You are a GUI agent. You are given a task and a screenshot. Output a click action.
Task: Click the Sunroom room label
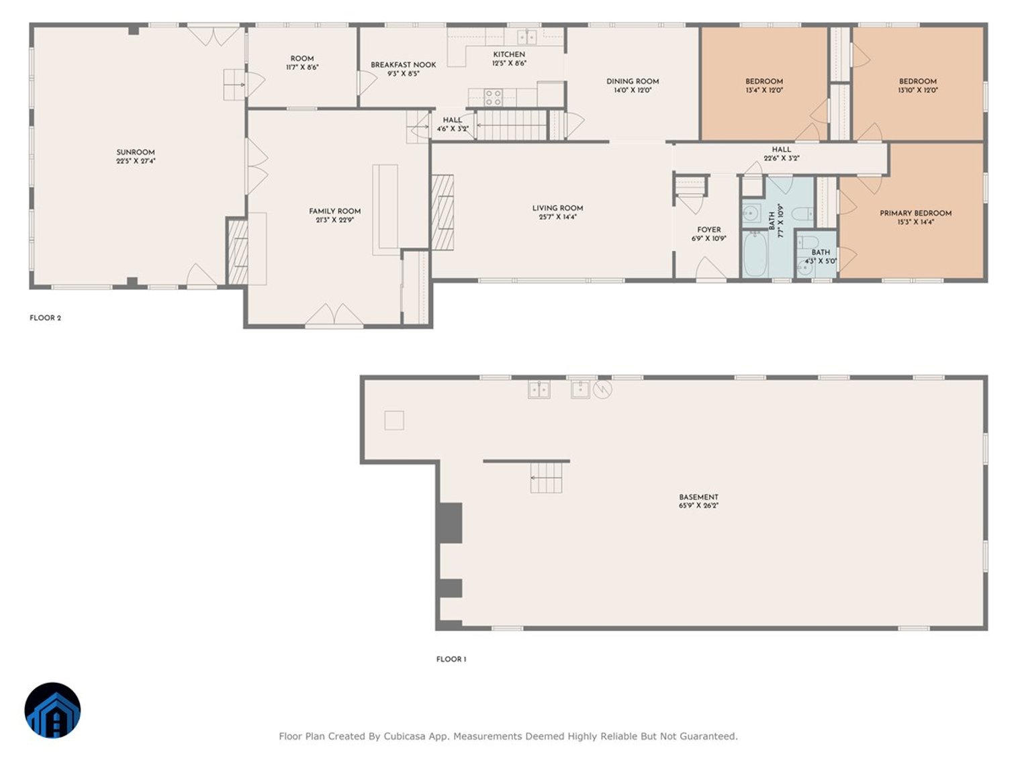135,152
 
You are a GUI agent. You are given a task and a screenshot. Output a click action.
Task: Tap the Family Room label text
334,211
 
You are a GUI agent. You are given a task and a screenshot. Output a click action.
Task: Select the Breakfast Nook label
403,64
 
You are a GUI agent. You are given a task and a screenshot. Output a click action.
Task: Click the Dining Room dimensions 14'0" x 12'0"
633,90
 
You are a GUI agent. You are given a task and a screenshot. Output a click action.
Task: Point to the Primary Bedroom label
915,213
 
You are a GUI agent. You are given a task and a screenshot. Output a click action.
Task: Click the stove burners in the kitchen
493,97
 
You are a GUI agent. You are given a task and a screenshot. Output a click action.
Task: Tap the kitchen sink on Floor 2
526,36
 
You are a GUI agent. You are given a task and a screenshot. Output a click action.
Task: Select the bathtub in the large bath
755,254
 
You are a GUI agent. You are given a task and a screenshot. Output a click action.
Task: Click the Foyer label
708,230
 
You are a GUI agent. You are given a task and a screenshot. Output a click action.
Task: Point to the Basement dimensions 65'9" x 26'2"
698,506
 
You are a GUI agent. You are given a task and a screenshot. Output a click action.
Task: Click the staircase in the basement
546,477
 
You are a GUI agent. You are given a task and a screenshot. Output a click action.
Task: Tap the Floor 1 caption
451,659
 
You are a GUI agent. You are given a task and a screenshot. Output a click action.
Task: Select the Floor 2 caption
46,318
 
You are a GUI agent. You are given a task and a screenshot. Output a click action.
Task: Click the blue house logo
53,710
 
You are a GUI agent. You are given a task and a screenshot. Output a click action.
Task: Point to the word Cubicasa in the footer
404,736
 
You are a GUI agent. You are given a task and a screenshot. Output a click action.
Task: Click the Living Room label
557,208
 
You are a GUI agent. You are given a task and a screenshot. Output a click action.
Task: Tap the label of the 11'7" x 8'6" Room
302,59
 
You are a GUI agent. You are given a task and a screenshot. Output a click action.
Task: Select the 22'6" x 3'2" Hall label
782,150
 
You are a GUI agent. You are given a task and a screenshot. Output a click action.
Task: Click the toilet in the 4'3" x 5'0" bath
808,242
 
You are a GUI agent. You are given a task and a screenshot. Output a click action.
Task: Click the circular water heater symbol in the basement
602,389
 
